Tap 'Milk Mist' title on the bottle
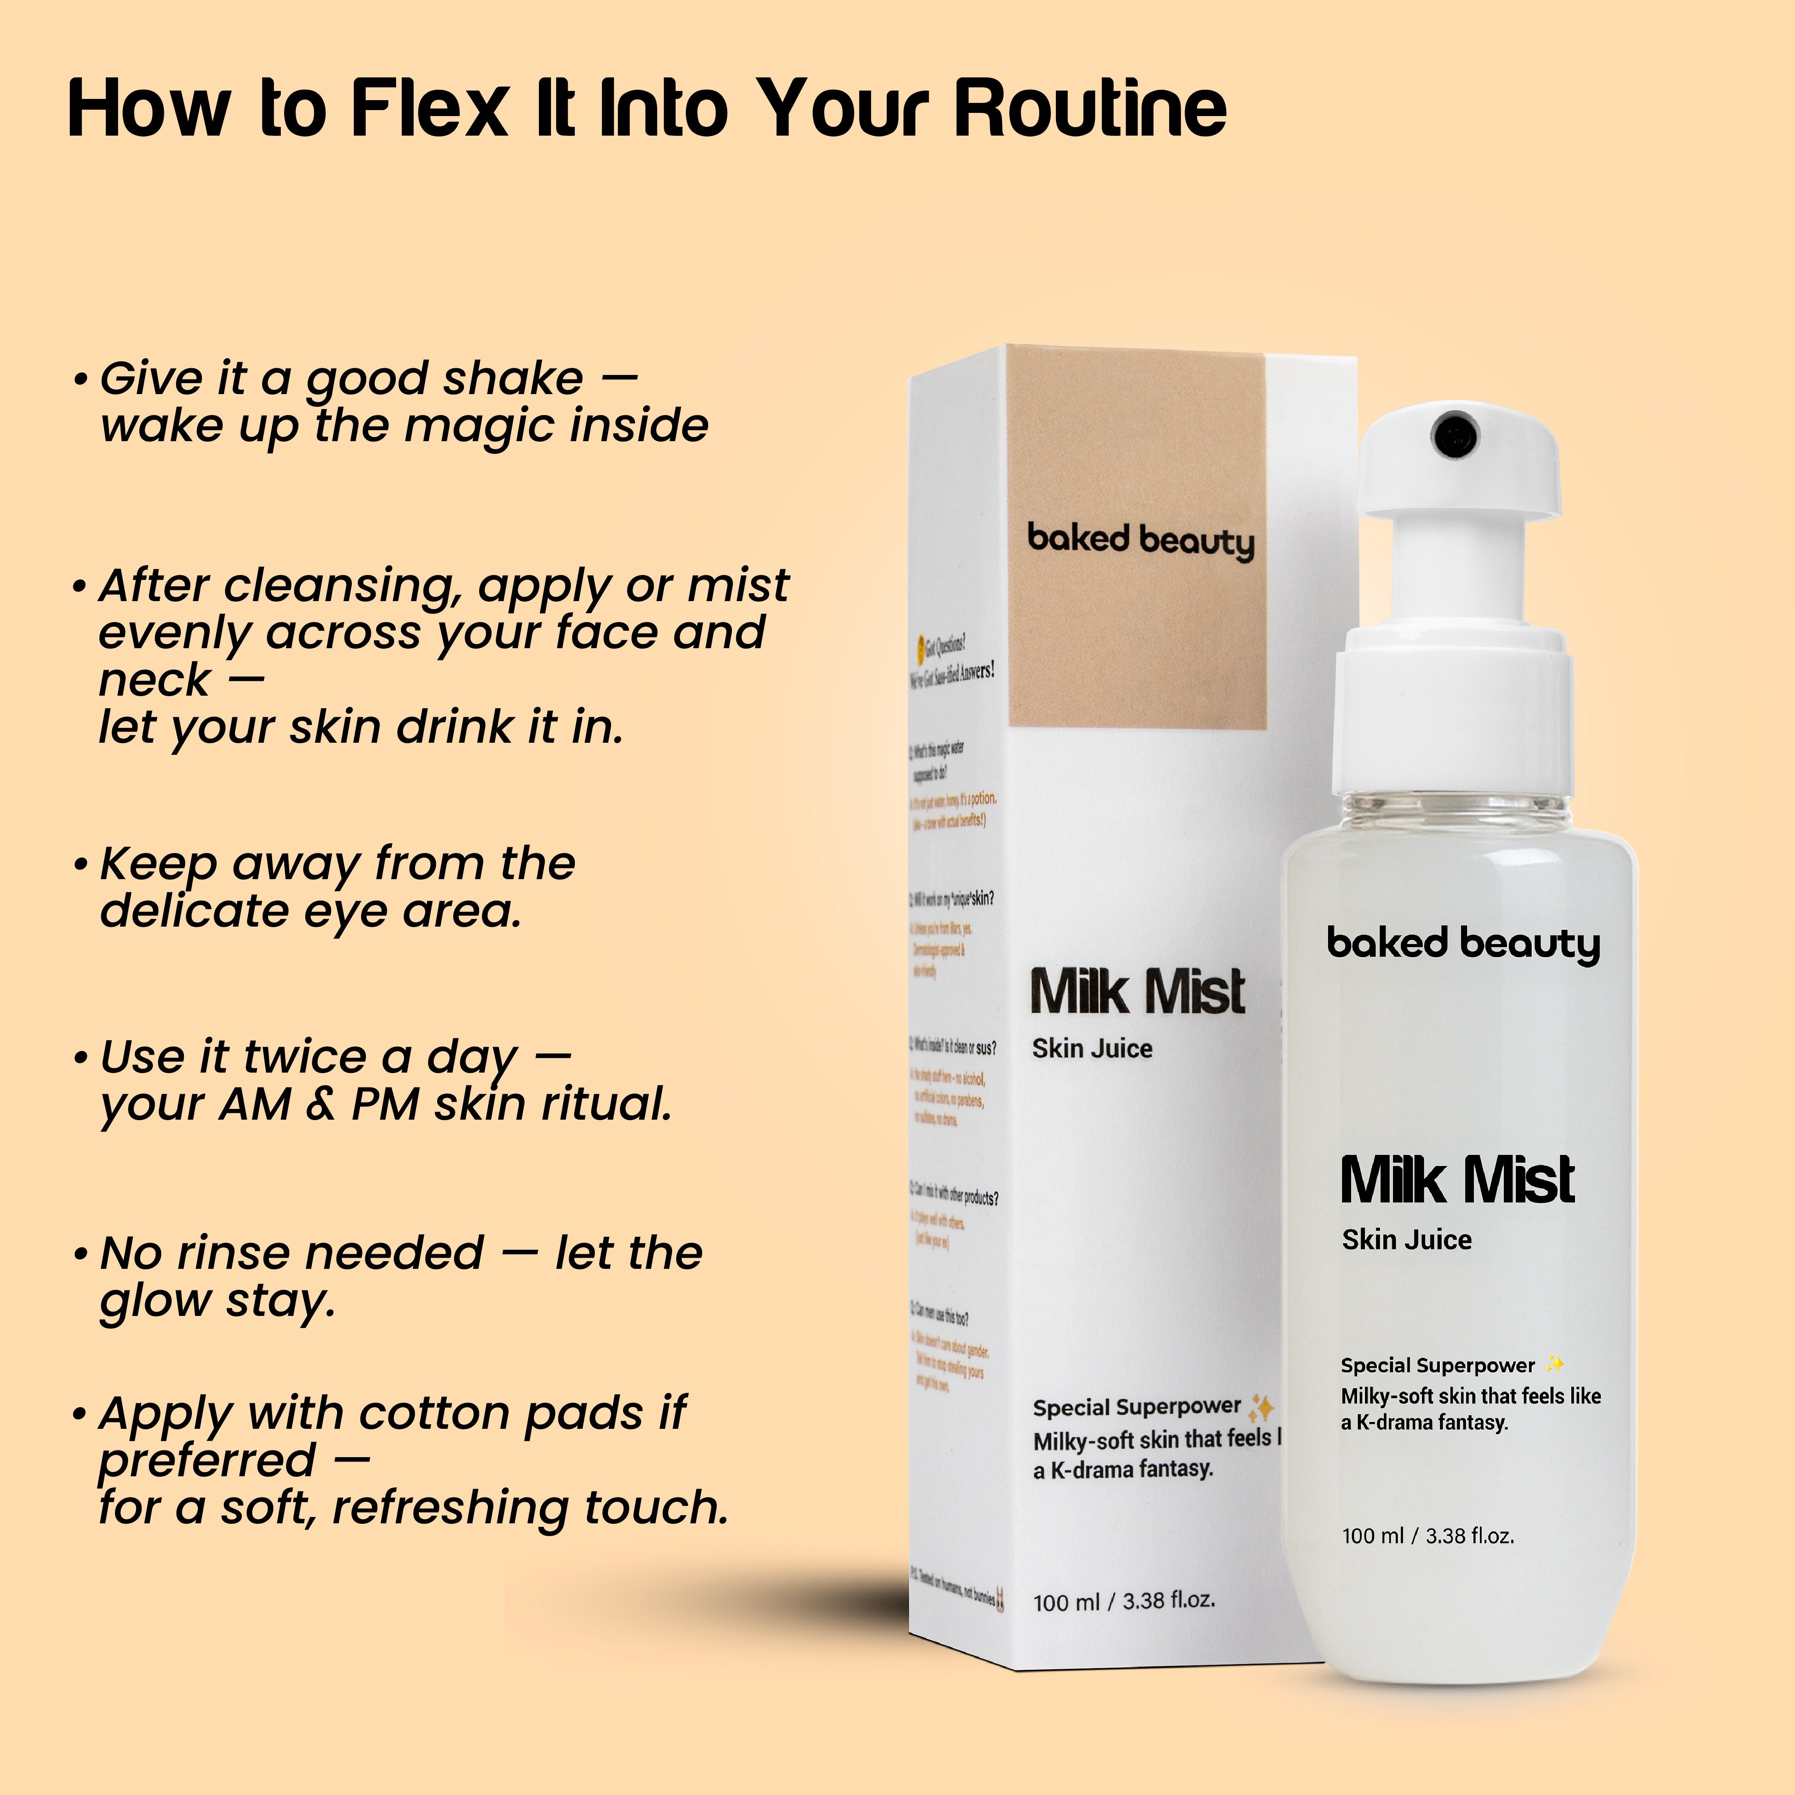pyautogui.click(x=1457, y=1180)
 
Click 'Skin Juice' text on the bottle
pyautogui.click(x=1406, y=1239)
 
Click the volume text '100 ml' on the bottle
pyautogui.click(x=1372, y=1536)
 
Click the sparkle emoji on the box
pyautogui.click(x=1261, y=1408)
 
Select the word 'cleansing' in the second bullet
pyautogui.click(x=344, y=585)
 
